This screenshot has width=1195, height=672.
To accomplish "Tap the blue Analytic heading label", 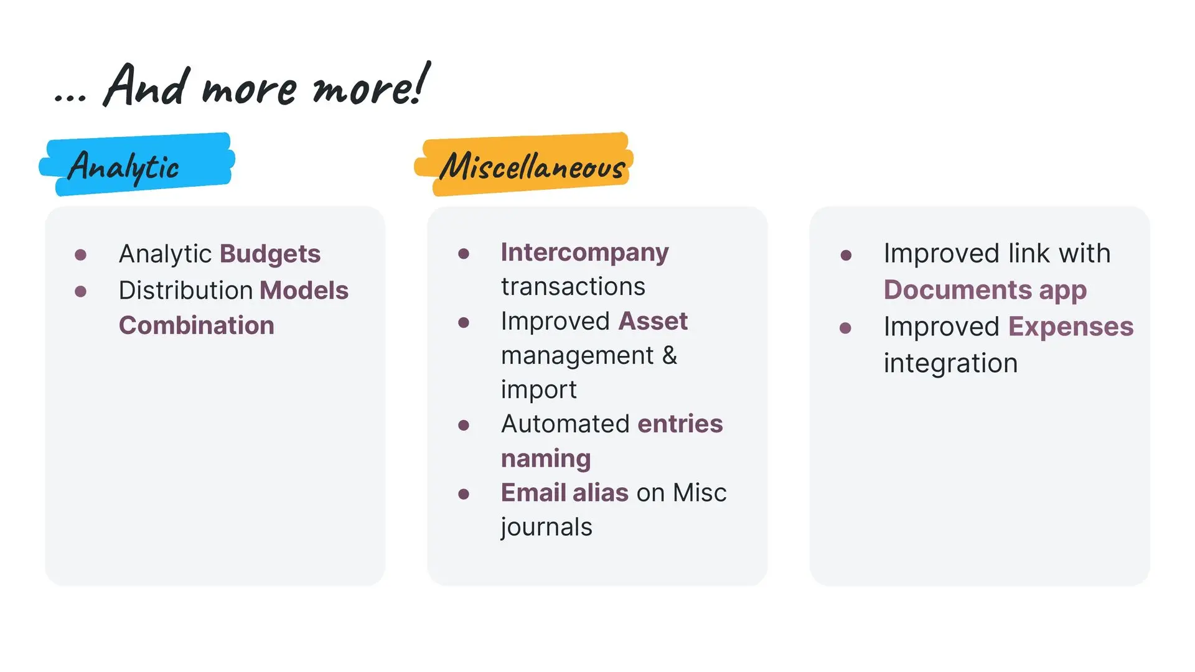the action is click(137, 164).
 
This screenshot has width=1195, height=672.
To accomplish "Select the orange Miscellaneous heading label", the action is click(524, 164).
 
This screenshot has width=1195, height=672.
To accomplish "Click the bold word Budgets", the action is click(270, 254).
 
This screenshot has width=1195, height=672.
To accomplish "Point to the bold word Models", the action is click(304, 290).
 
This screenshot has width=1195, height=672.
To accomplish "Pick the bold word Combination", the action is click(197, 325).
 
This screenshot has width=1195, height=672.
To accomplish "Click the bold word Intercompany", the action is click(585, 253).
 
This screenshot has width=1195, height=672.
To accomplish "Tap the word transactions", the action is click(573, 287).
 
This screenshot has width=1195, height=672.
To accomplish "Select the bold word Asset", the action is click(653, 321).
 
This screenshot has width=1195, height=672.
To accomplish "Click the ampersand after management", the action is click(670, 355).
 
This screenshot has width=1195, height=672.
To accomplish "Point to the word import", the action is click(539, 390).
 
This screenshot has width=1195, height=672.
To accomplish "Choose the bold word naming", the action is click(546, 459).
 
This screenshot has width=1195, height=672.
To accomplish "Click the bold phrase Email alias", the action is click(565, 493).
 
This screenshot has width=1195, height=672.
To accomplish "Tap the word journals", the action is click(546, 528).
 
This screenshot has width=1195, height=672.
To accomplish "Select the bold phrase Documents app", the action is click(985, 291).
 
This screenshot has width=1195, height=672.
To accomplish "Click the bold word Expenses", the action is click(1071, 327).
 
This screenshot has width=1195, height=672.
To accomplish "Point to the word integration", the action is click(951, 363).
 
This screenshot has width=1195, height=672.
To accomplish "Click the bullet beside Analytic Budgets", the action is click(80, 254).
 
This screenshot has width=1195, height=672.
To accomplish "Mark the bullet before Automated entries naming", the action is click(464, 425).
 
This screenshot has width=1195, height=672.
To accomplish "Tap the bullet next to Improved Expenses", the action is click(845, 328).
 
